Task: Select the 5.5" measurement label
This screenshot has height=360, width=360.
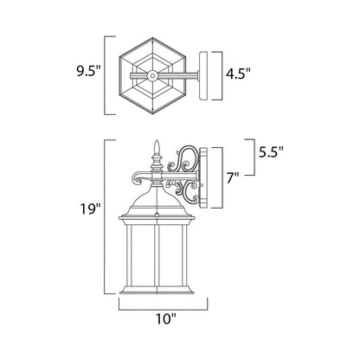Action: coord(271,152)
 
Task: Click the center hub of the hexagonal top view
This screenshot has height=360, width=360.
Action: coord(155,75)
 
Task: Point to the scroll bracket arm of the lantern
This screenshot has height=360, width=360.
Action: coord(183,173)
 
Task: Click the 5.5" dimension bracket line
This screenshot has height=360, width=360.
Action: coord(251,152)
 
